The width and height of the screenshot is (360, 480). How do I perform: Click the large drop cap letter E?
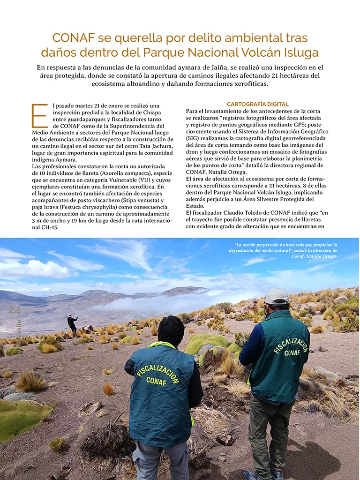[39, 116]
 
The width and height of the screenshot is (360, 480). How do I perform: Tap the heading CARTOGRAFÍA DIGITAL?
[257, 104]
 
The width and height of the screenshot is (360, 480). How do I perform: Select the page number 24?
[15, 310]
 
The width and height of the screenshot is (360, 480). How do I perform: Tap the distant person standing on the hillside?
[72, 323]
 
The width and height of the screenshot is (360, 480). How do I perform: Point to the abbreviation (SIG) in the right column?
[195, 139]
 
